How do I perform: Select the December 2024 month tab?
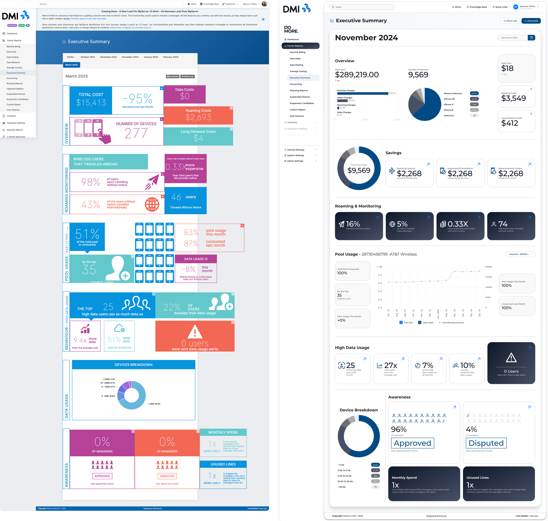(x=130, y=57)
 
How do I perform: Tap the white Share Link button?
(x=510, y=21)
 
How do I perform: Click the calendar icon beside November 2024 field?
(x=531, y=38)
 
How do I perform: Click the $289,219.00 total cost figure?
(x=357, y=75)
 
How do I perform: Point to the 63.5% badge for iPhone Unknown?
(x=474, y=94)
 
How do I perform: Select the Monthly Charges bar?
(x=363, y=94)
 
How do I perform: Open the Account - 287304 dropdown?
(x=521, y=254)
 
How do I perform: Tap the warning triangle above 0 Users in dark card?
(x=511, y=358)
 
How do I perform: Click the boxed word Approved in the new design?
(x=412, y=443)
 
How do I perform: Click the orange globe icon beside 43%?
(x=152, y=205)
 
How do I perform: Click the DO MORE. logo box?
(x=291, y=29)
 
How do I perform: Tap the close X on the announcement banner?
(x=263, y=20)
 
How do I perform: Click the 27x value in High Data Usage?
(x=390, y=366)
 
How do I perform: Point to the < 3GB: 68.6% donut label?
(x=154, y=404)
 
